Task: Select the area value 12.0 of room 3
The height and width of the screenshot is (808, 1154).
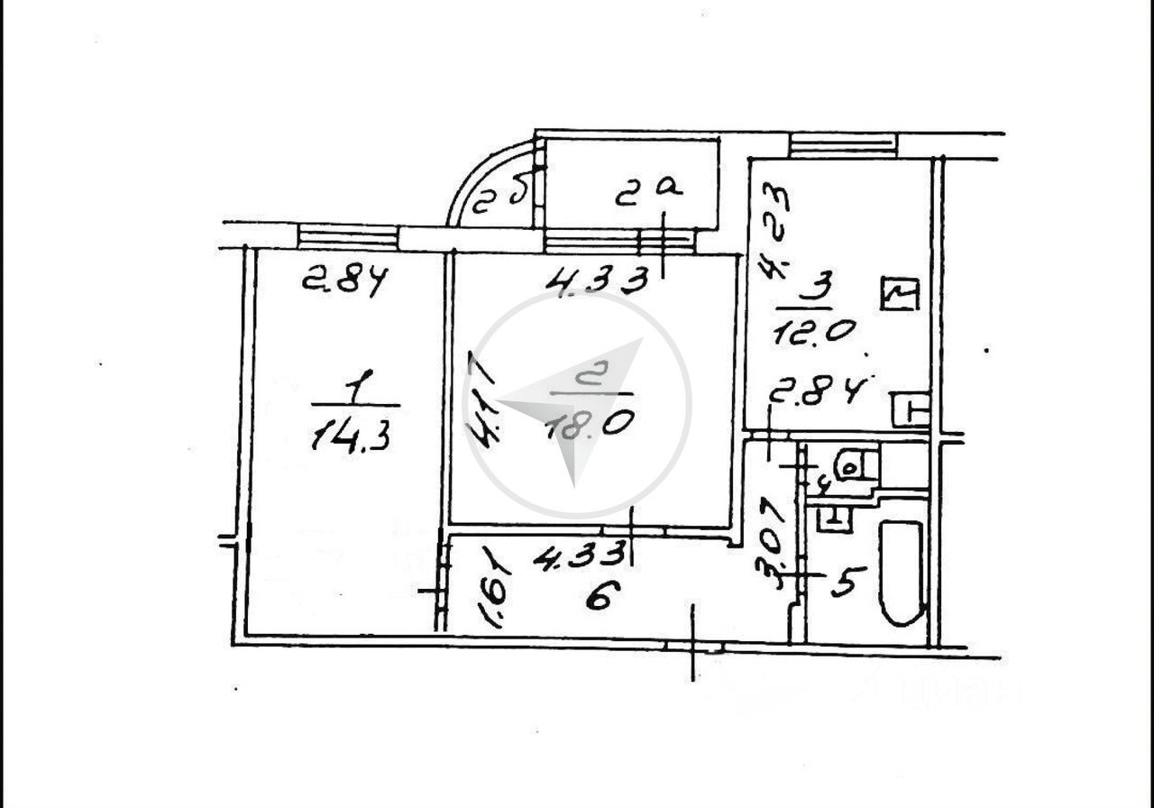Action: pos(812,331)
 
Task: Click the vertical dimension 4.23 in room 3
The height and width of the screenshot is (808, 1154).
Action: pos(774,229)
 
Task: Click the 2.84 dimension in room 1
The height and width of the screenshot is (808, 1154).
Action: pos(344,280)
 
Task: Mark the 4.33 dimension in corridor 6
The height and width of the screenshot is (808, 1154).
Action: pos(579,557)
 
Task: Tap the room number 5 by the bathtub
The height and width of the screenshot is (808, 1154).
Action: pos(847,582)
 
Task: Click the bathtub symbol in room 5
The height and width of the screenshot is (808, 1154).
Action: pos(902,574)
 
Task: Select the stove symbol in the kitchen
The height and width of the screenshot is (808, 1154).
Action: pos(899,295)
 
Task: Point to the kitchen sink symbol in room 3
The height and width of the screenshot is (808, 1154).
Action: pos(910,410)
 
